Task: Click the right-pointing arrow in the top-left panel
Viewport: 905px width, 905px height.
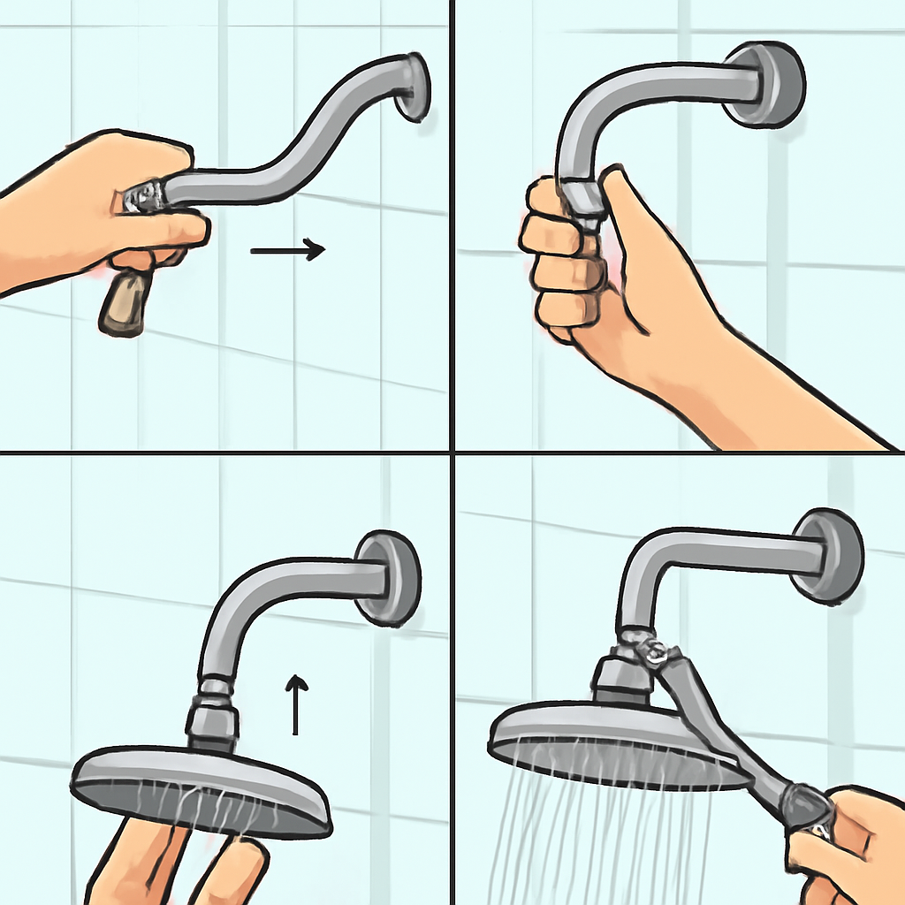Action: coord(288,250)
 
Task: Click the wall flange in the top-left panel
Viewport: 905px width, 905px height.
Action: coord(413,87)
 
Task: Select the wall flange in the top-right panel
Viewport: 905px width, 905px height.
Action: coord(766,84)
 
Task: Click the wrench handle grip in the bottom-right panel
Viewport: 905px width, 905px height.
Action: coord(804,809)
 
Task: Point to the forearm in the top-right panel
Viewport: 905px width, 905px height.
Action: coord(778,389)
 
